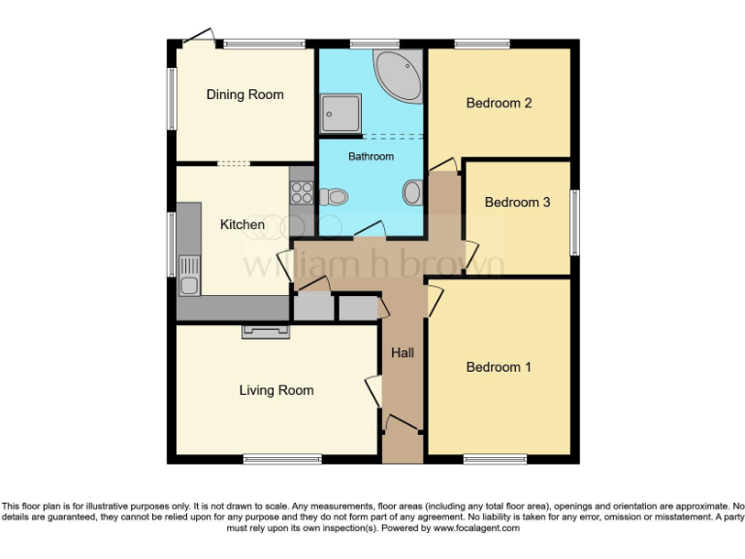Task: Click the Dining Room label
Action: point(244,95)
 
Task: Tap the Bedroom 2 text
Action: point(499,103)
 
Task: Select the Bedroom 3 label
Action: point(517,202)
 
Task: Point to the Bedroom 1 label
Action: point(499,367)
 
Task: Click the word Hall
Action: point(403,352)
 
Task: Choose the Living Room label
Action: point(276,390)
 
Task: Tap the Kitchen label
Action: point(243,225)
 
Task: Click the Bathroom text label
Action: point(372,156)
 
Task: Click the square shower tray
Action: point(342,112)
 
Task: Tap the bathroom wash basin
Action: point(412,192)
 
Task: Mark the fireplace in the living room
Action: point(266,332)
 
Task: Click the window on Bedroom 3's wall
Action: point(574,224)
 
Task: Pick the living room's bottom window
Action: point(269,458)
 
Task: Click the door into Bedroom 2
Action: point(443,166)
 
